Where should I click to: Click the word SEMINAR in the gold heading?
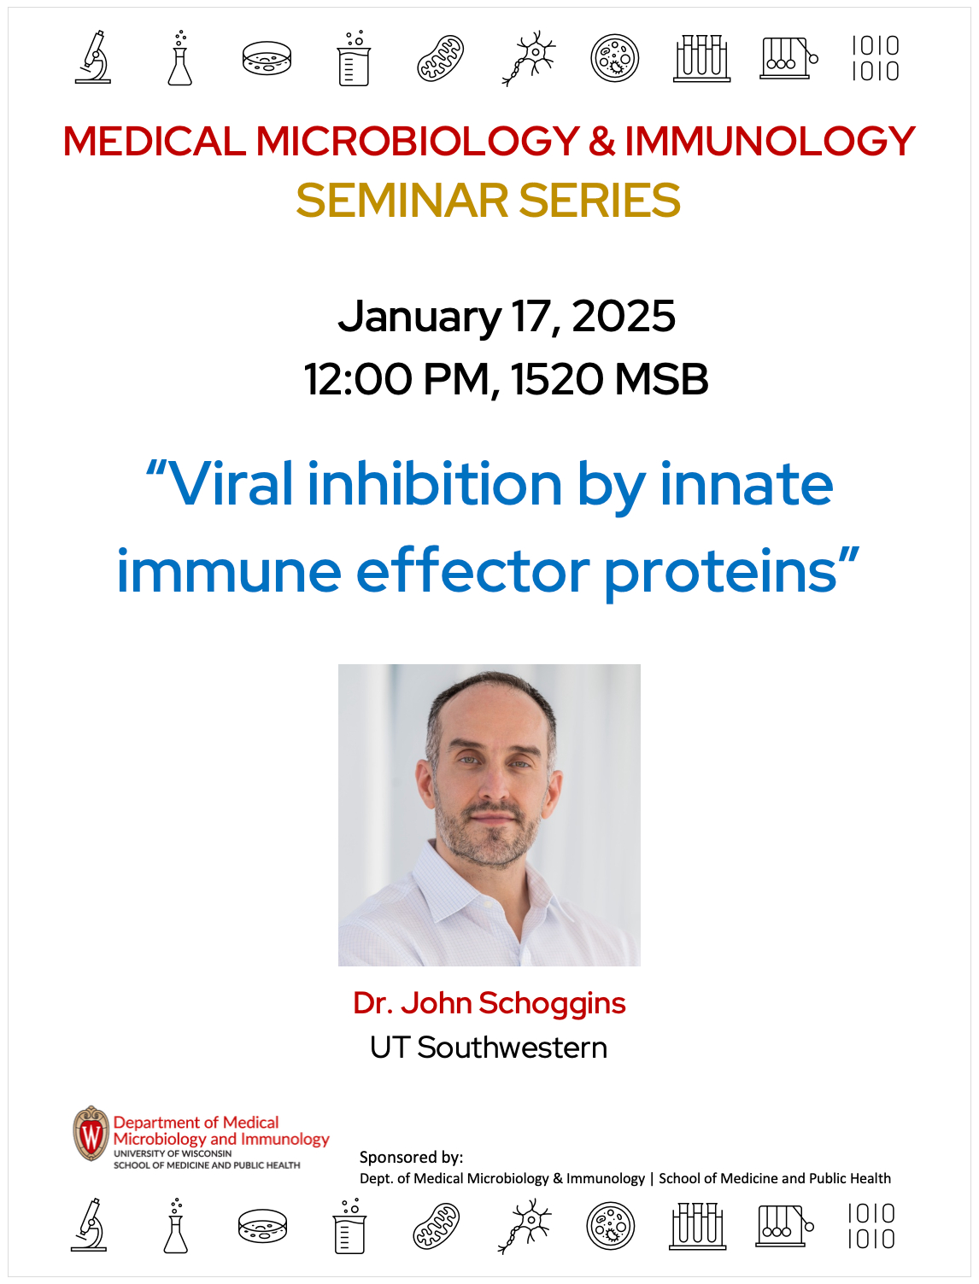[402, 201]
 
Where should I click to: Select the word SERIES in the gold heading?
[599, 201]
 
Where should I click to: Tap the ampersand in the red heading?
[601, 141]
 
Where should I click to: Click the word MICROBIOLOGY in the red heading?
[418, 141]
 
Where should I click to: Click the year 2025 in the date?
[624, 317]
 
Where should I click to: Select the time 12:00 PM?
[396, 379]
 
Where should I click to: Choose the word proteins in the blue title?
[720, 573]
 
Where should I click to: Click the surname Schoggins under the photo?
[553, 1004]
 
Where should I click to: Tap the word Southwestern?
[512, 1048]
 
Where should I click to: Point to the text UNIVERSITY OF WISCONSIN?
[173, 1153]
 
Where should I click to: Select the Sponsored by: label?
[412, 1157]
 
